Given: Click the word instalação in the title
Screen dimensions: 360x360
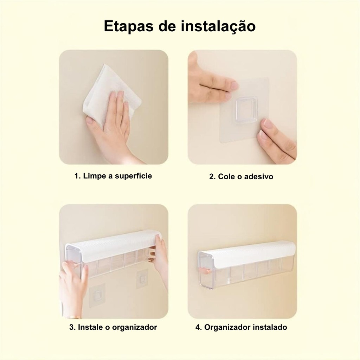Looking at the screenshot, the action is tap(218, 26).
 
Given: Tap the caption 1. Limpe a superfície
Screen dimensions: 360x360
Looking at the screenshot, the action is tap(113, 176).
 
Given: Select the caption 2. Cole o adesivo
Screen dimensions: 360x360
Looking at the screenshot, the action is tap(241, 176).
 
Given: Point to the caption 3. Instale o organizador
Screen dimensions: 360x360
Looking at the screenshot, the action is tap(113, 327).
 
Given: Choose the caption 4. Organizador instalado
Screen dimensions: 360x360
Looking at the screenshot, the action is tap(241, 327).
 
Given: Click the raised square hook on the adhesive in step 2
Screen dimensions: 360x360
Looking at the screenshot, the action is tap(245, 109).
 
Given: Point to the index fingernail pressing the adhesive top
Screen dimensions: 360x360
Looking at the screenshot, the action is tap(234, 85).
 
